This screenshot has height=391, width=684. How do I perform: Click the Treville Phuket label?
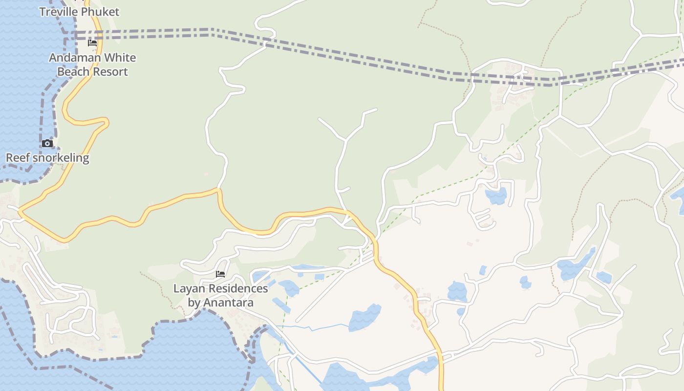pos(79,12)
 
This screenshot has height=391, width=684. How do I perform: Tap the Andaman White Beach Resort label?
pos(92,65)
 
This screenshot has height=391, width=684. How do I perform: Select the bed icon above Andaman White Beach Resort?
pos(92,43)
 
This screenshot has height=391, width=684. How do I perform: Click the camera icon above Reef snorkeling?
pos(47,143)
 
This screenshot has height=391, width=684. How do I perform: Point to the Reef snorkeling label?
pos(47,158)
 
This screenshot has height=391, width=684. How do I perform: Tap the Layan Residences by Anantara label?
pos(221,295)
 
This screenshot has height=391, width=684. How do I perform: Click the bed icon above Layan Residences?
pos(220,274)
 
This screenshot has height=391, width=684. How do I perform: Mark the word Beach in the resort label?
pos(74,72)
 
